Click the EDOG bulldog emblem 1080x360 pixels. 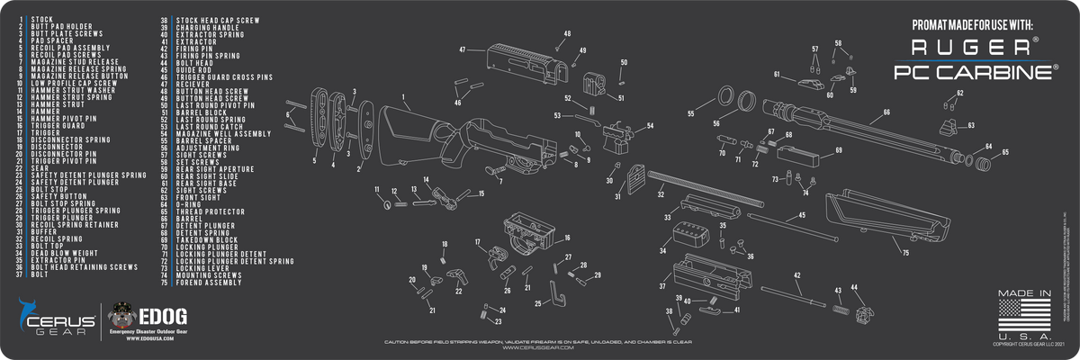click(x=121, y=318)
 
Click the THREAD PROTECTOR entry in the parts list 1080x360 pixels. click(x=209, y=211)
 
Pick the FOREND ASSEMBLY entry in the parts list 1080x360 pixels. click(x=209, y=283)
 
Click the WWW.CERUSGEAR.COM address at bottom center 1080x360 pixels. click(x=540, y=350)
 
